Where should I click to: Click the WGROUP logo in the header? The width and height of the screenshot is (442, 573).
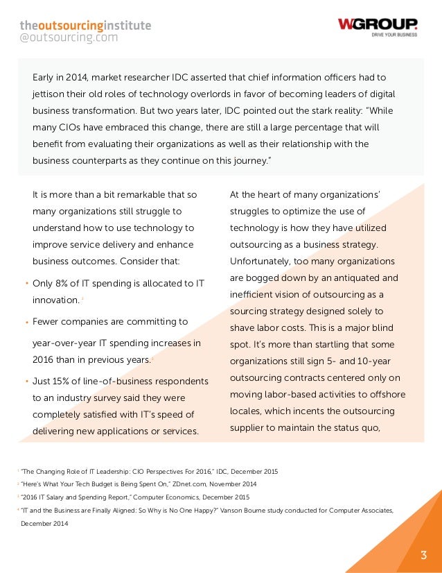(x=378, y=24)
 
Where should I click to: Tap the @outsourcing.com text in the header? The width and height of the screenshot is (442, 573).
(x=69, y=38)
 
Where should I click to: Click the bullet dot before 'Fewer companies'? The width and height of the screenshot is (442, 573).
(x=26, y=323)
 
